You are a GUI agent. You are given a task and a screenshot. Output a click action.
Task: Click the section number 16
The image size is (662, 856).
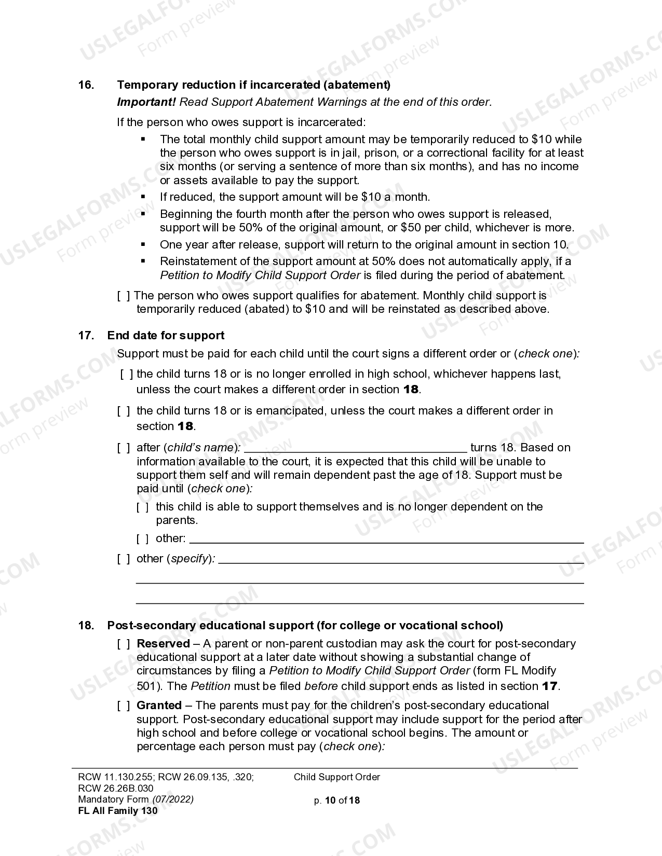86,85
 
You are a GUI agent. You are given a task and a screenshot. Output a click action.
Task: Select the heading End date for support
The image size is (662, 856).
166,335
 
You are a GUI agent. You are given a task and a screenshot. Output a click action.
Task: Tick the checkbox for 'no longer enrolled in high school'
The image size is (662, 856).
126,374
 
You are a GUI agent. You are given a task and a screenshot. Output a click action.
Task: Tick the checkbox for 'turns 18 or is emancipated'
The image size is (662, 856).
124,411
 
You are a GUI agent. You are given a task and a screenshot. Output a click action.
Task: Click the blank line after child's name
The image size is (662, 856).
355,448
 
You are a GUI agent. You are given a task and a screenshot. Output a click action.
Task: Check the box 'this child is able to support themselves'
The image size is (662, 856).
143,507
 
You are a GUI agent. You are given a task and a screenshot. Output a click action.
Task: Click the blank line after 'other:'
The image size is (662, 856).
386,540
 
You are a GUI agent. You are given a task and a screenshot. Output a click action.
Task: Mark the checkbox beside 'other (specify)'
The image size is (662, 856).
124,559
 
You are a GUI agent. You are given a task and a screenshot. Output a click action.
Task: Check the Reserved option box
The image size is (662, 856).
124,644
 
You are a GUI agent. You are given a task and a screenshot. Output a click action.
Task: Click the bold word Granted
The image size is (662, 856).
159,706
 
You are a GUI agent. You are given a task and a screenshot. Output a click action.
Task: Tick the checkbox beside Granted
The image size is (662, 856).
124,706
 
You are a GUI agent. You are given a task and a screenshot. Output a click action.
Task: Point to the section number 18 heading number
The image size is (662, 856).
86,626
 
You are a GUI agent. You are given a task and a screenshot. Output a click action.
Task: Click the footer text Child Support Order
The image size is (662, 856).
336,777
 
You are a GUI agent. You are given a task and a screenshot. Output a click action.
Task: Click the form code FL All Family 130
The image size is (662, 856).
117,811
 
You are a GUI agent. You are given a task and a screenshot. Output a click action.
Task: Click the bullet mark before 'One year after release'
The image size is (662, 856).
143,244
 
